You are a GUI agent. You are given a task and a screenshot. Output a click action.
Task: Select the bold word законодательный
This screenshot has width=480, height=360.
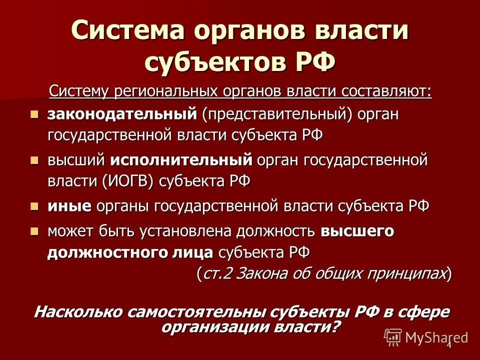(x=122, y=114)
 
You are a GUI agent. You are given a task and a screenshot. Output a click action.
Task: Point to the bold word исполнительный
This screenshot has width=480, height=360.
(x=180, y=160)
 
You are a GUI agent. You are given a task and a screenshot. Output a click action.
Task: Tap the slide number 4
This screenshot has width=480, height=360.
(x=449, y=345)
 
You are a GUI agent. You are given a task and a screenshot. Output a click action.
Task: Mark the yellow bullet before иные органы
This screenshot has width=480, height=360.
(x=34, y=206)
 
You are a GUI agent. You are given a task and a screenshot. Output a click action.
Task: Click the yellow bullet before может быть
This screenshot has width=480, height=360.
(x=34, y=231)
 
